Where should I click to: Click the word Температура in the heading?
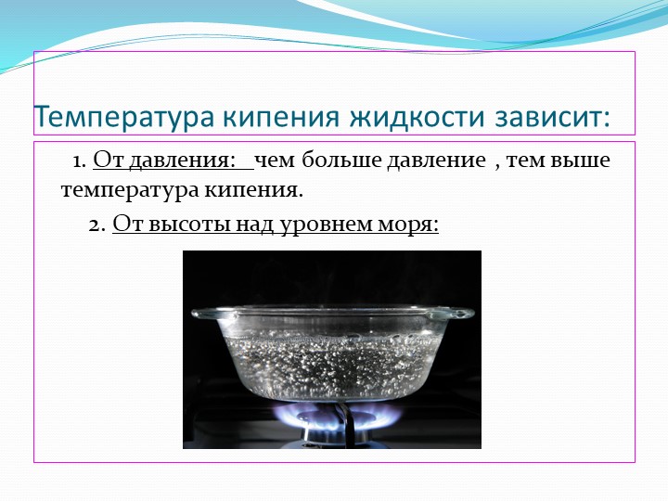point(123,116)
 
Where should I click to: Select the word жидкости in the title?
point(417,116)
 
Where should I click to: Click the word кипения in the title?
point(282,116)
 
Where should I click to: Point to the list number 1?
point(80,161)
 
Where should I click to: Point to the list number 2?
point(97,225)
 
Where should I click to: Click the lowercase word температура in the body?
point(130,190)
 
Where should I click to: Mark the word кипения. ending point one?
point(253,190)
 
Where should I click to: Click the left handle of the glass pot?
point(214,315)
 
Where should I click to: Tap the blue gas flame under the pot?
point(337,416)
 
